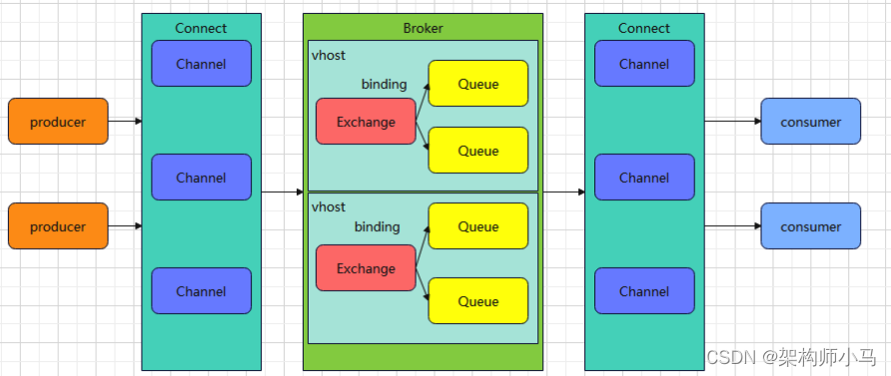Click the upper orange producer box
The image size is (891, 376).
click(x=58, y=121)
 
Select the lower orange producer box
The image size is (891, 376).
click(x=58, y=226)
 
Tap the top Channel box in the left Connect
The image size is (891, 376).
click(x=201, y=64)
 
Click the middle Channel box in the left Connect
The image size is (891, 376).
click(x=201, y=177)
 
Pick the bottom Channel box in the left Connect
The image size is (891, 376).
click(x=201, y=291)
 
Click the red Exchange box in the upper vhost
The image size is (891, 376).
click(x=366, y=122)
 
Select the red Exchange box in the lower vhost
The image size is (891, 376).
click(x=366, y=268)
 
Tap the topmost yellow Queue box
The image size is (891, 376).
click(x=477, y=83)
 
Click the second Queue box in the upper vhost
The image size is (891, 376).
click(x=477, y=150)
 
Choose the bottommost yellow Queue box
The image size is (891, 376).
click(x=477, y=301)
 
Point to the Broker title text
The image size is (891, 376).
click(x=423, y=28)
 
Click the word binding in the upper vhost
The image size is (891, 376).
click(x=384, y=84)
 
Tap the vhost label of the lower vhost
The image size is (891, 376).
click(x=329, y=207)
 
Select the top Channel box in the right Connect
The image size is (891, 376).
click(x=643, y=64)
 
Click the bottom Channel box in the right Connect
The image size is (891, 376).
click(x=643, y=291)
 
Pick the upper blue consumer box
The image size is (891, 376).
click(x=810, y=121)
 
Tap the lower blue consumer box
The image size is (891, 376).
click(x=810, y=226)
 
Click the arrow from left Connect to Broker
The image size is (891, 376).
click(x=282, y=191)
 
